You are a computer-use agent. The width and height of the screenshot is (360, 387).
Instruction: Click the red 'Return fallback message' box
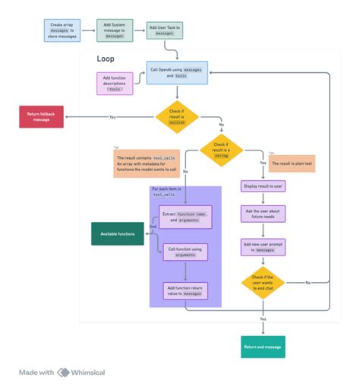[41, 117]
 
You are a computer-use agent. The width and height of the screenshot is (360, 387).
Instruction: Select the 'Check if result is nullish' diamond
[176, 117]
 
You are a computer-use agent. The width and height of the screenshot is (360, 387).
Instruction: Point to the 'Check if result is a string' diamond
[220, 149]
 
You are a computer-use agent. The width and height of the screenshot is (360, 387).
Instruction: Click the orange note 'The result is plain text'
[292, 163]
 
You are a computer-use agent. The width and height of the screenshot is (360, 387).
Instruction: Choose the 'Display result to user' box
[263, 186]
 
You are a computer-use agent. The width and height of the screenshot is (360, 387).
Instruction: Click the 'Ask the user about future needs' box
[263, 214]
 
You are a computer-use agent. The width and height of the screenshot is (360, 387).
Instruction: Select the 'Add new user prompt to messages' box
[263, 246]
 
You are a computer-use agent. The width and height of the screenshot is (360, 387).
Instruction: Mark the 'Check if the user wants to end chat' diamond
[263, 282]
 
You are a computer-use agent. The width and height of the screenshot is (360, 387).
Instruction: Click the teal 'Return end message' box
[263, 347]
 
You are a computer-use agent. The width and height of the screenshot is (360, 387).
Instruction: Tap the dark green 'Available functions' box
[117, 233]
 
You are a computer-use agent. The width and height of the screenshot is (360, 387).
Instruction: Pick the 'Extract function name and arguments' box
[185, 217]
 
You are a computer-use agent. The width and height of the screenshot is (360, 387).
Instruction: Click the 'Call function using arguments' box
[185, 252]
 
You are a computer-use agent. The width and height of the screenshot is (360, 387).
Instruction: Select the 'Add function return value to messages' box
[185, 290]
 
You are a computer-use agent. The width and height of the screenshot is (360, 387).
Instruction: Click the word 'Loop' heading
[106, 59]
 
